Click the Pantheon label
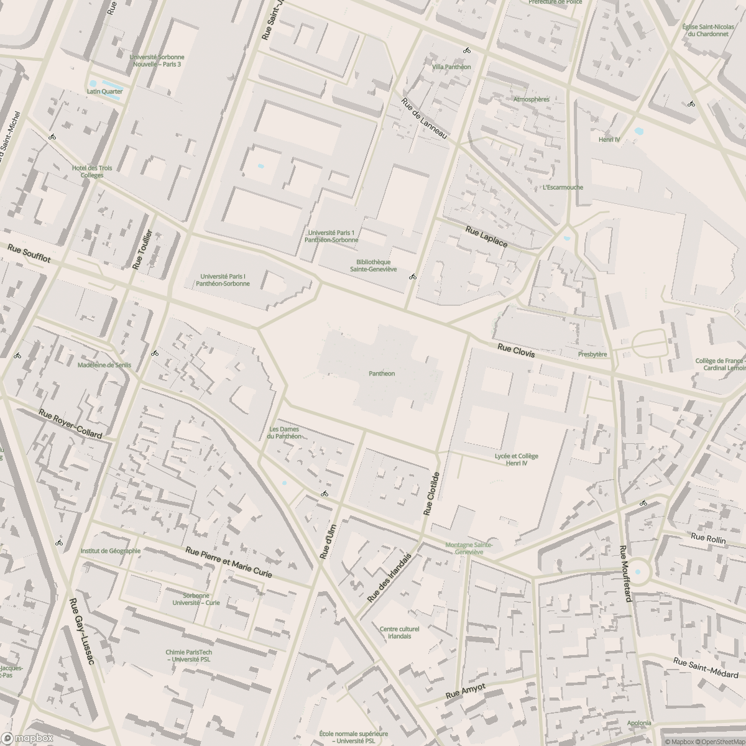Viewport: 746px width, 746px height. coord(382,374)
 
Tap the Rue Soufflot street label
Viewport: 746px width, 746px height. coord(29,254)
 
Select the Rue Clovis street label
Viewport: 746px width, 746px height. coord(516,351)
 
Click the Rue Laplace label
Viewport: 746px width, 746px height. coord(486,237)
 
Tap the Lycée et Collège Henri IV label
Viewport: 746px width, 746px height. coord(516,459)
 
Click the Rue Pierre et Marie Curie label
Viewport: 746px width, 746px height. coord(229,562)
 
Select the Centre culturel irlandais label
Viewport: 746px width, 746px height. coord(399,632)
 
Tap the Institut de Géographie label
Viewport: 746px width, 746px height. coord(111,551)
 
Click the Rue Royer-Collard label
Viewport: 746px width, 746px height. coord(70,424)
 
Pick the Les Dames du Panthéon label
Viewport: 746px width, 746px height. coord(284,433)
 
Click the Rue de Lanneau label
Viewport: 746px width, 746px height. coord(425,118)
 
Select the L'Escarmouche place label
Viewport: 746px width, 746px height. coord(563,187)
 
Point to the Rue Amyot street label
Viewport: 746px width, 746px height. coord(465,692)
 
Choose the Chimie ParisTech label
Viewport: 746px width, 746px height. coord(188,655)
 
